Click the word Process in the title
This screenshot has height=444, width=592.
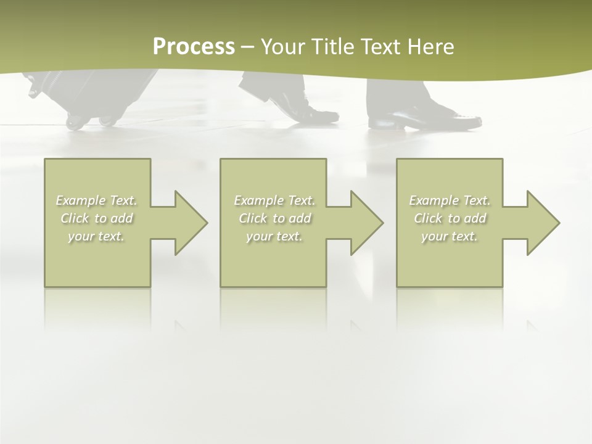[194, 47]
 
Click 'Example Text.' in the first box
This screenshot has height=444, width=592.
[97, 200]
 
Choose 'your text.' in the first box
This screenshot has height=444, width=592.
[97, 236]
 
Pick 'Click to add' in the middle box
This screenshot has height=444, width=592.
[274, 218]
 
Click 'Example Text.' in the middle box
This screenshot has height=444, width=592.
[274, 200]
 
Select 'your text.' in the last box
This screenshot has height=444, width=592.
[450, 236]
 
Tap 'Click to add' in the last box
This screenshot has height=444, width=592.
[450, 218]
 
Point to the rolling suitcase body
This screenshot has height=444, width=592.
[92, 89]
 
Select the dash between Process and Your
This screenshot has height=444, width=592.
[247, 47]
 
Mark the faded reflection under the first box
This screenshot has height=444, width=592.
[97, 308]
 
